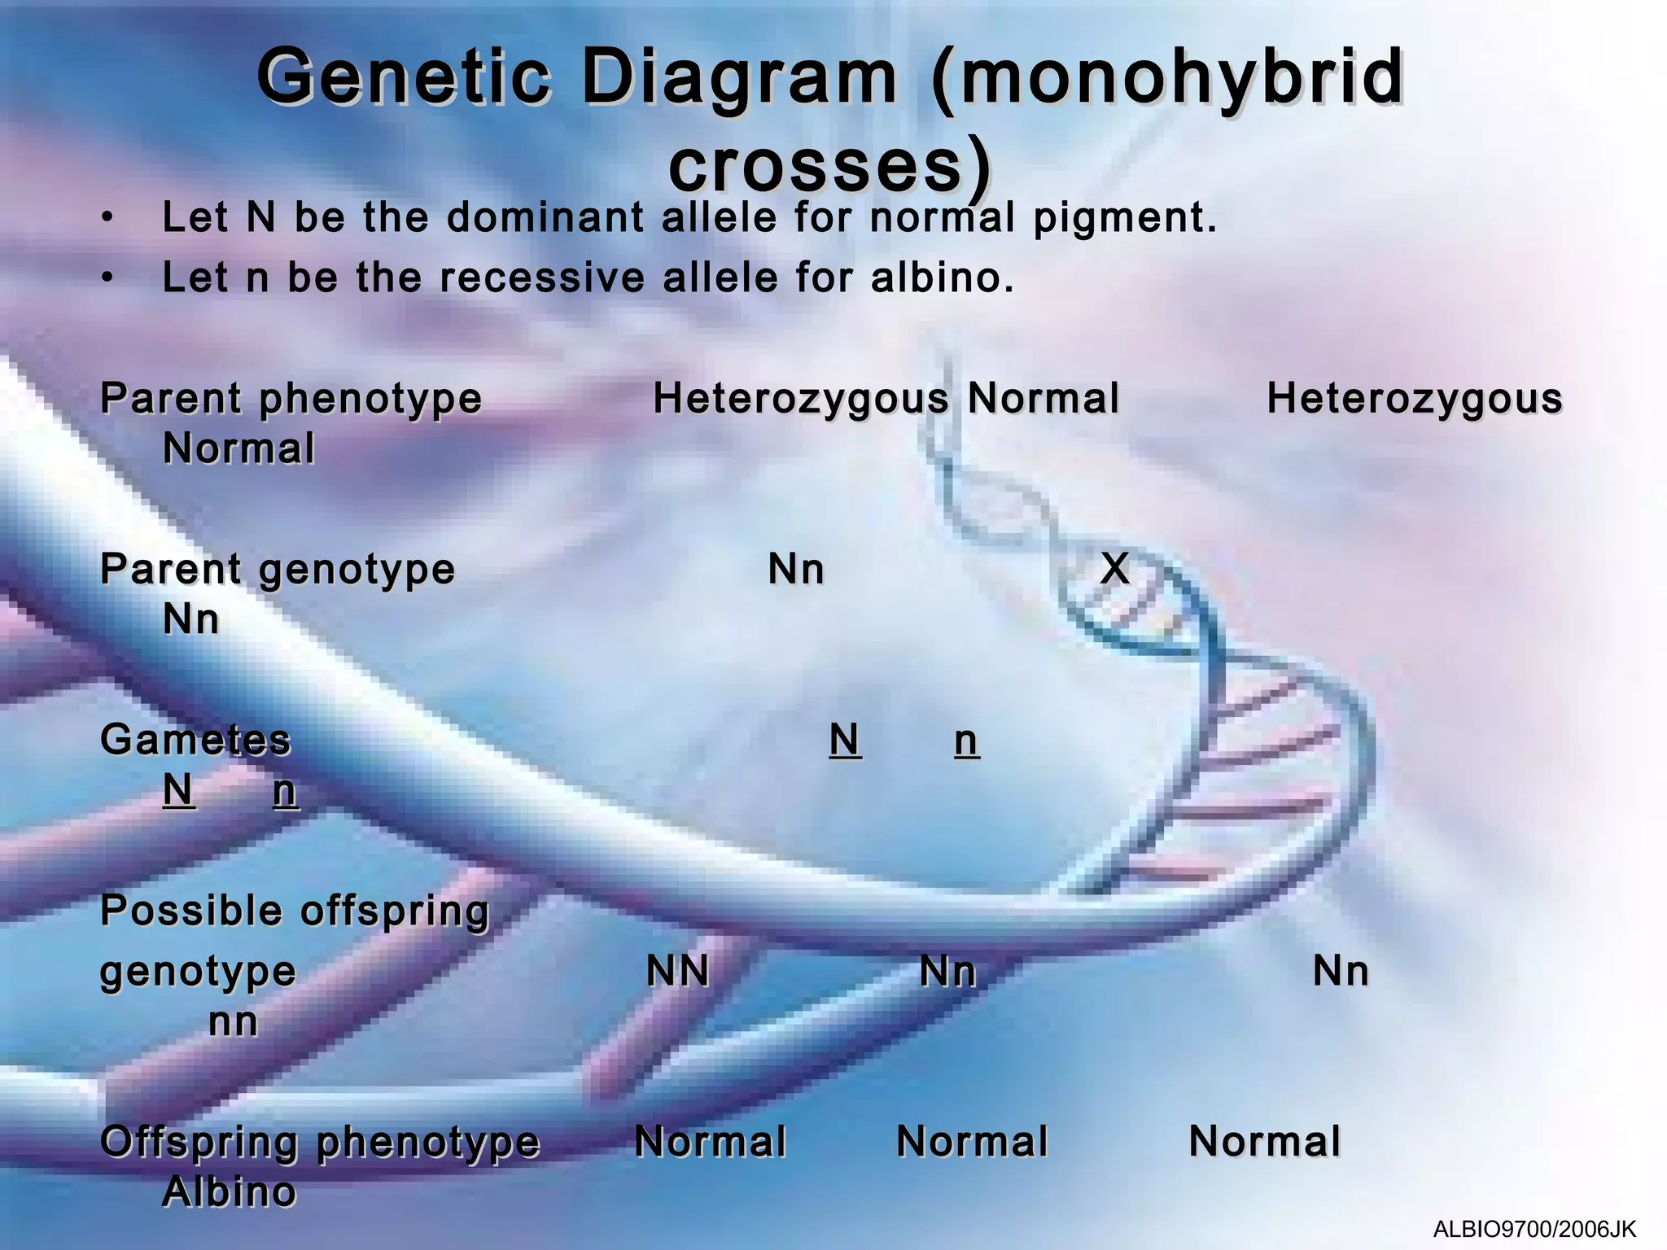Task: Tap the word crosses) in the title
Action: pyautogui.click(x=829, y=167)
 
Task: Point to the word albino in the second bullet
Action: pyautogui.click(x=943, y=278)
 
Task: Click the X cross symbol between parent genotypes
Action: pyautogui.click(x=1114, y=569)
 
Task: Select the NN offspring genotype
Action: pyautogui.click(x=677, y=972)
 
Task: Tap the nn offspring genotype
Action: pyautogui.click(x=234, y=1022)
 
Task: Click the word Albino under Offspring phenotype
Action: pyautogui.click(x=230, y=1193)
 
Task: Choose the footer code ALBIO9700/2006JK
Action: pyautogui.click(x=1534, y=1229)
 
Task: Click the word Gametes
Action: pyautogui.click(x=195, y=741)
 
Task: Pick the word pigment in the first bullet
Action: pyautogui.click(x=1125, y=218)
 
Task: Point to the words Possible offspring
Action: pyautogui.click(x=295, y=911)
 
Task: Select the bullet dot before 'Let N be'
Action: pyautogui.click(x=107, y=218)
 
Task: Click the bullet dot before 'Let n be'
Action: pyautogui.click(x=107, y=278)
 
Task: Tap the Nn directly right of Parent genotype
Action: pyautogui.click(x=796, y=570)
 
